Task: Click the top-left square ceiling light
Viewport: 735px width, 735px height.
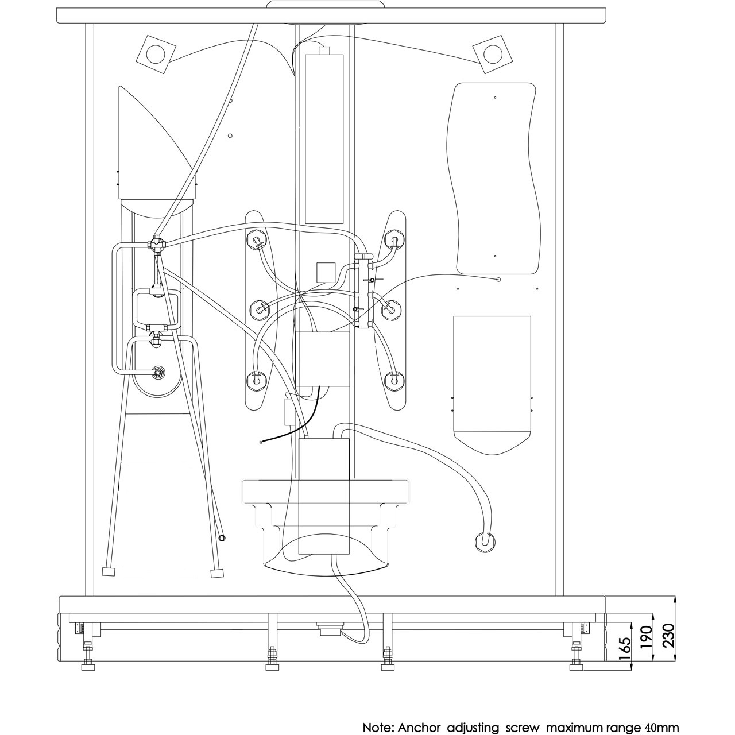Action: pos(156,54)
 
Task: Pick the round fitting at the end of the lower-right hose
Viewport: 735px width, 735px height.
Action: pos(485,541)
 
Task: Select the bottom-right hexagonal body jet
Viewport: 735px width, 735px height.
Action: pos(393,380)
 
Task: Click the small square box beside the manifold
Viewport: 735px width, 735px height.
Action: pos(326,273)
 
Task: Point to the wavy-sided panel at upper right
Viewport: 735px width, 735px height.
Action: pos(494,179)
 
